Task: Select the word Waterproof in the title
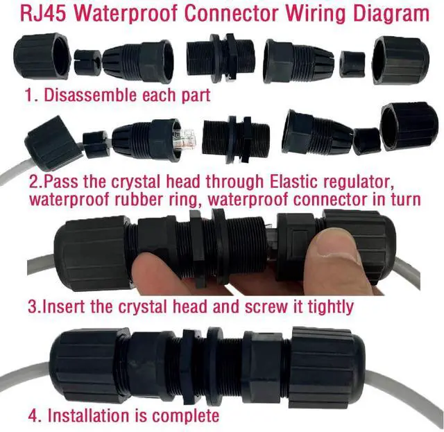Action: [130, 15]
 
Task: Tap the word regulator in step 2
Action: [359, 182]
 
